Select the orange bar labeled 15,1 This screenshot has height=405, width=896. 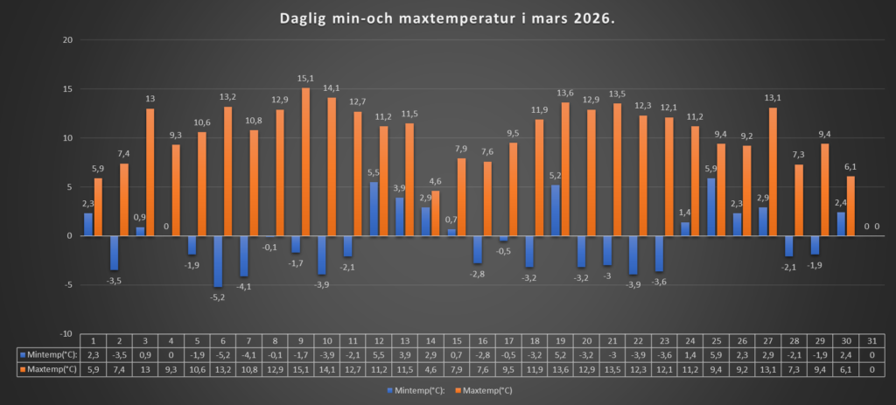306,162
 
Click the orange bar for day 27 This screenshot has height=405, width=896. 773,171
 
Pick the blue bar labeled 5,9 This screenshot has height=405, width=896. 711,207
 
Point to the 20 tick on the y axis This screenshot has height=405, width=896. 66,40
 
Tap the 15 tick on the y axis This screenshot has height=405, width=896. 66,89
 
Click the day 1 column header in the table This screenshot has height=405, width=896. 93,341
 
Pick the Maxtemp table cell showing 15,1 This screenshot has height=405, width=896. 302,370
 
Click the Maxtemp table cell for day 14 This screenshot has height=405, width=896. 432,370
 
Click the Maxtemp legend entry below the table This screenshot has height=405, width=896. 485,389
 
